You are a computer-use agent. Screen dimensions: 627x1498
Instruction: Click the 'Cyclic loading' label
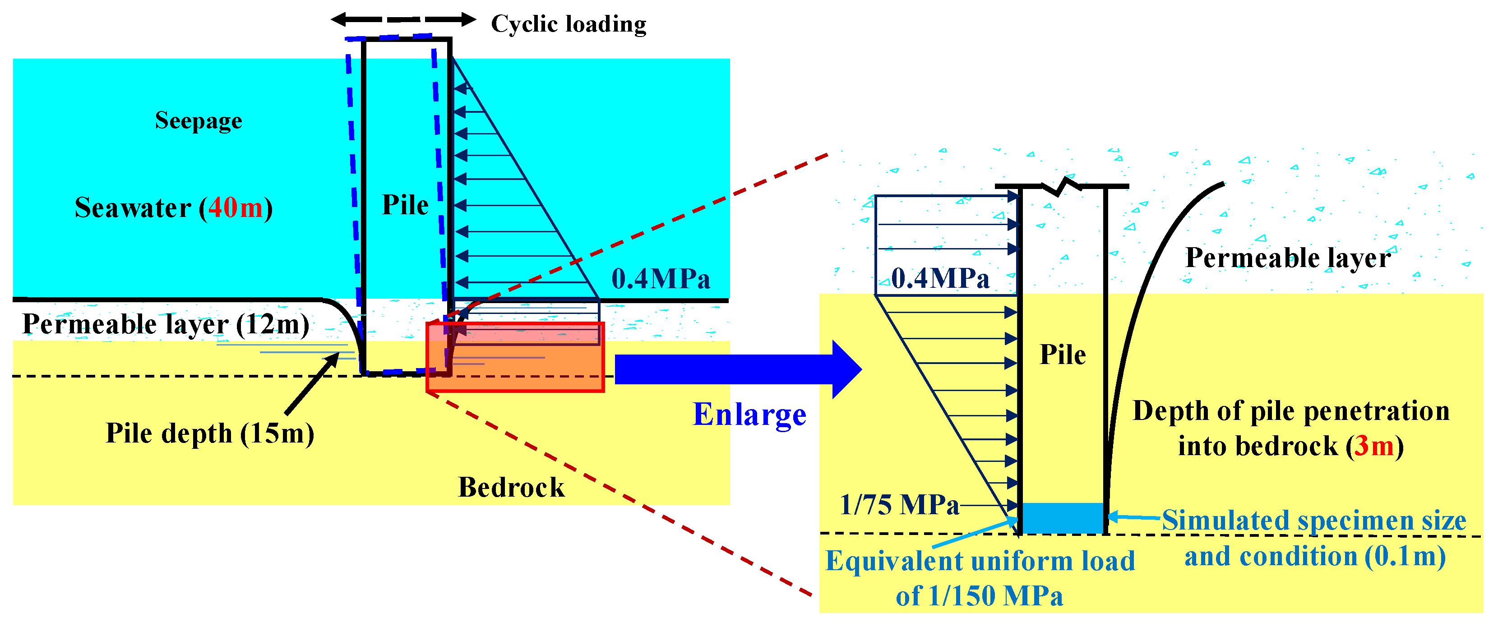(x=568, y=24)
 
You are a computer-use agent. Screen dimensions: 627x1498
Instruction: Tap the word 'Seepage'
(x=198, y=121)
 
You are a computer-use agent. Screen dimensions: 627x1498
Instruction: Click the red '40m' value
(x=236, y=208)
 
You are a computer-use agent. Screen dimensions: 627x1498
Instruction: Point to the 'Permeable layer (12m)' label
(x=166, y=324)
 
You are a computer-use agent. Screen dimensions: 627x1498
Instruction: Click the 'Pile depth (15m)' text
(x=209, y=433)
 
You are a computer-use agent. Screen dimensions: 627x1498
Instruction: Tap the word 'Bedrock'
(x=511, y=488)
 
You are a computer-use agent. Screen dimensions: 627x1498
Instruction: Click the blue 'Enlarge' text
(x=749, y=415)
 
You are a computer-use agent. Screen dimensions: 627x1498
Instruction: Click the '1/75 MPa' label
(x=898, y=505)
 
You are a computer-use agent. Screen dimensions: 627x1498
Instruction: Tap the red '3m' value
(x=1374, y=446)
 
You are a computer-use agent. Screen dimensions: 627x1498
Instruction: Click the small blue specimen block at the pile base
(x=1063, y=517)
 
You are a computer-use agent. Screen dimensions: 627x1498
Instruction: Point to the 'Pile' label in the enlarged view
(x=1063, y=355)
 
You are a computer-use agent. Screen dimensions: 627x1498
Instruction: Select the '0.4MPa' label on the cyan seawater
(x=661, y=279)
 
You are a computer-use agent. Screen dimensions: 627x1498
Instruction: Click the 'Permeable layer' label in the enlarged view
(x=1287, y=258)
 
